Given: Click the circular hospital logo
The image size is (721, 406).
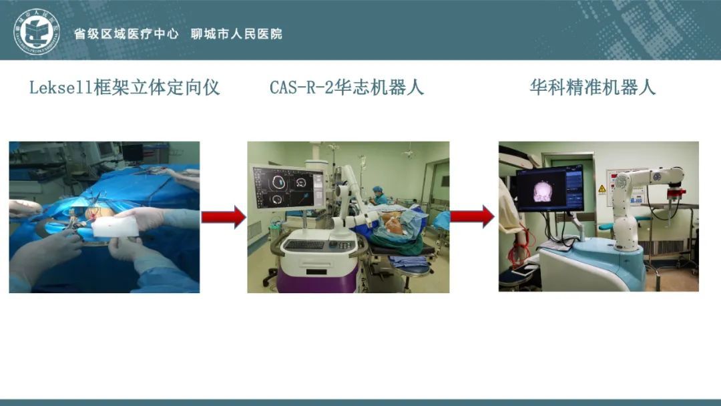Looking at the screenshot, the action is (36, 32).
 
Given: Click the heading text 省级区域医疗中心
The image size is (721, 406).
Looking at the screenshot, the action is (126, 34).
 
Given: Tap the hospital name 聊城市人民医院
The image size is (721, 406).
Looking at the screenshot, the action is (236, 34).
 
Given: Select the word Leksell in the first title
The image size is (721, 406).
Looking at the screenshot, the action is (61, 87).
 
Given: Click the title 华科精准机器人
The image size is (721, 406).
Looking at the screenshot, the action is (592, 87).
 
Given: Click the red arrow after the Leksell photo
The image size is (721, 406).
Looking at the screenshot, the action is (224, 217).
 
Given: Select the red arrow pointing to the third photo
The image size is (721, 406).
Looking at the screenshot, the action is (472, 216).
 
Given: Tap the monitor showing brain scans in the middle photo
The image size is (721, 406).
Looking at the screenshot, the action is (289, 188).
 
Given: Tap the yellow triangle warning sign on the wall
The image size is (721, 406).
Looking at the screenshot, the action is (602, 189).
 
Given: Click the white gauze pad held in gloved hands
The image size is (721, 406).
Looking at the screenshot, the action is (115, 226).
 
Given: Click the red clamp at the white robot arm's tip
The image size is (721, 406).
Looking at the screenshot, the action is (674, 192).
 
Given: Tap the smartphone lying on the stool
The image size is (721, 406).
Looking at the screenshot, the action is (524, 272).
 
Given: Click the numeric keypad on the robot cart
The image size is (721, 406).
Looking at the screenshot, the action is (346, 246).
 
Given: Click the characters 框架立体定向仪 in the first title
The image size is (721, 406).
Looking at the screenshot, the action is (156, 87).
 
